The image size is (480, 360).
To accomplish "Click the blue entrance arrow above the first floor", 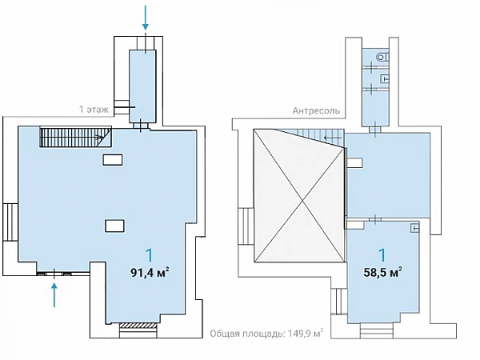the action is tap(146, 18).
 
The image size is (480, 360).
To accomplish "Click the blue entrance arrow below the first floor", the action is tap(54, 294).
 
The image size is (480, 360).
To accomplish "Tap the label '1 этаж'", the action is tap(94, 110).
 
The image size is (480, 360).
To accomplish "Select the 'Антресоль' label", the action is tap(316, 110).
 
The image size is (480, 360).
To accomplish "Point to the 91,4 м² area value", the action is tap(150, 272).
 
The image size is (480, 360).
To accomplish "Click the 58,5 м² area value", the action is tap(382, 272).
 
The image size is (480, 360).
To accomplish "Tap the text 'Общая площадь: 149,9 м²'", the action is tap(266, 334).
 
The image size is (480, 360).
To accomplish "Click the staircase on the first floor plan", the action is tap(75, 137).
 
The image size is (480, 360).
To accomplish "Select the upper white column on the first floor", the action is tap(112, 160).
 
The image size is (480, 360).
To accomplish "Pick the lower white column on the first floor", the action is tap(114, 226).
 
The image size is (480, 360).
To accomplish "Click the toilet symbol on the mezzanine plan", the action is tap(382, 57).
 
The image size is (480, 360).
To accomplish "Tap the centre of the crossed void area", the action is tap(302, 201).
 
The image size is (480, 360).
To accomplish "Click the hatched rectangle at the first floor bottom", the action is tap(138, 326).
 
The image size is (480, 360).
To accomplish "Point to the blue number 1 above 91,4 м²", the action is tap(150, 255).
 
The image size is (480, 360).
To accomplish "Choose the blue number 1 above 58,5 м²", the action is tap(382, 255).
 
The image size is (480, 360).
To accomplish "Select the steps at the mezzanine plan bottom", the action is tap(376, 331).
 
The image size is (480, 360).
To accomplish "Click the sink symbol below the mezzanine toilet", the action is tap(385, 78).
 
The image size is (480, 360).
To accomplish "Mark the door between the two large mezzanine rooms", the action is tap(375, 219).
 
